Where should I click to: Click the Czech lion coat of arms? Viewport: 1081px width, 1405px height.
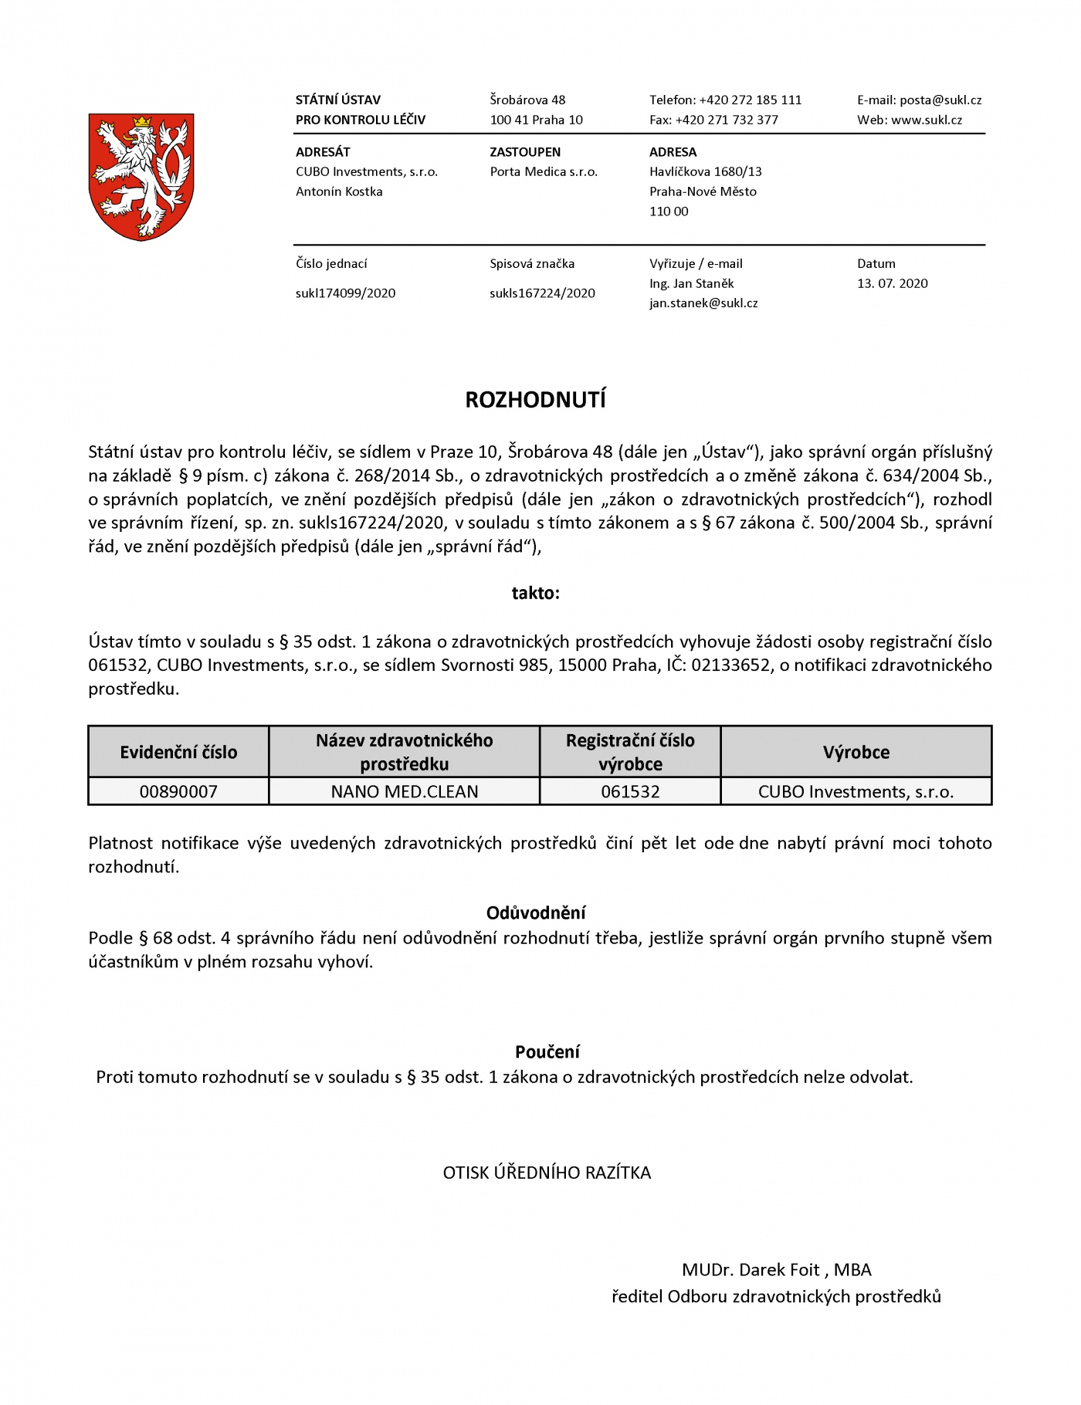141,177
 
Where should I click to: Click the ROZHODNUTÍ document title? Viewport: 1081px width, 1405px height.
535,400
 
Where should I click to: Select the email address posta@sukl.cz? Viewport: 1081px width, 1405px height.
940,100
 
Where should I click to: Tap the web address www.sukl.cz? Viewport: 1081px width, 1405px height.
927,120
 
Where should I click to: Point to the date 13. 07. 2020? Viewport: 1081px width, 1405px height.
892,283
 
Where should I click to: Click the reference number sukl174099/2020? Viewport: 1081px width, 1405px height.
345,293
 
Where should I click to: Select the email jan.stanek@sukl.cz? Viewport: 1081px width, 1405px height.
703,303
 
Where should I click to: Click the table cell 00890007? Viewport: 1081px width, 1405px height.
178,791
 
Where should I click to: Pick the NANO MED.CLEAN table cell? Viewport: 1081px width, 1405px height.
404,791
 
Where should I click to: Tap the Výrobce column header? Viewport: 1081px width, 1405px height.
856,752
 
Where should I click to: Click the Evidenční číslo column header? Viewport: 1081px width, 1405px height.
178,752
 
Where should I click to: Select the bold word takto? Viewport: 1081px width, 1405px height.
535,593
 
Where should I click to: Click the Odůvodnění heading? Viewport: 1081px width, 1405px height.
536,912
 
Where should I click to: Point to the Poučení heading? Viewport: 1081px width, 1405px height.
547,1051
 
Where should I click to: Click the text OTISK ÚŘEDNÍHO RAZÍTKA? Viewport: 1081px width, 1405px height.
547,1173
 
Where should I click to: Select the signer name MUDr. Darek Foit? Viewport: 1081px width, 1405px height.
751,1270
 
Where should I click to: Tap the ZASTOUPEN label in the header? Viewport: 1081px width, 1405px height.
525,152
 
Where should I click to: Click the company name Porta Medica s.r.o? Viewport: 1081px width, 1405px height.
544,171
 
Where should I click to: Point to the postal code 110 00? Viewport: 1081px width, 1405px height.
669,212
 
